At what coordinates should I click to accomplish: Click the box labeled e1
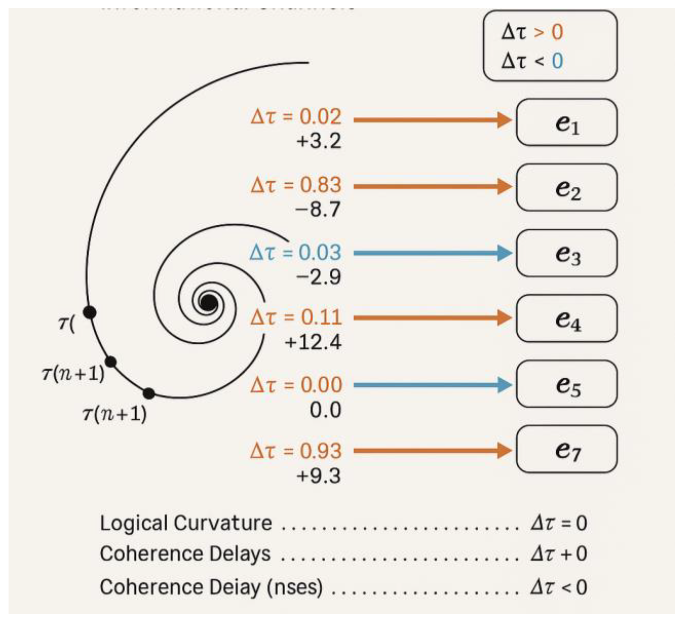pos(567,122)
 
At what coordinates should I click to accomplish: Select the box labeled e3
pos(567,253)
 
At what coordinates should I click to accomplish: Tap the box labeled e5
pos(567,384)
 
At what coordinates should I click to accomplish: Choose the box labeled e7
pos(567,449)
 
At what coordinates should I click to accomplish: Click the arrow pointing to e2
pos(432,186)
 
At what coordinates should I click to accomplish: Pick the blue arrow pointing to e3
pos(432,253)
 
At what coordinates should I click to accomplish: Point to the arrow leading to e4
pos(432,318)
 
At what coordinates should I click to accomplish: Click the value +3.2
pos(319,141)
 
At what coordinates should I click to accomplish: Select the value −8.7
pos(318,209)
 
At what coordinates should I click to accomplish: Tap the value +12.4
pos(313,342)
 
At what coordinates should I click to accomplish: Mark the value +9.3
pos(318,476)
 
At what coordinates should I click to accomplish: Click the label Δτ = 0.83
pos(296,185)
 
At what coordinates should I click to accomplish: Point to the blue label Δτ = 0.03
pos(295,253)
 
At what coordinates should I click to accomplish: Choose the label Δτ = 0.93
pos(296,451)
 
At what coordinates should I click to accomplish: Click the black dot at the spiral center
pos(208,302)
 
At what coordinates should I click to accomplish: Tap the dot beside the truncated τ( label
pos(90,312)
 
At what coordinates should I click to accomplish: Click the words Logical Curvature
pos(186,523)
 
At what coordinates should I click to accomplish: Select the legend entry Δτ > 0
pos(532,32)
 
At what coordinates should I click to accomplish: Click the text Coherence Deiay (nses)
pos(211,587)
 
